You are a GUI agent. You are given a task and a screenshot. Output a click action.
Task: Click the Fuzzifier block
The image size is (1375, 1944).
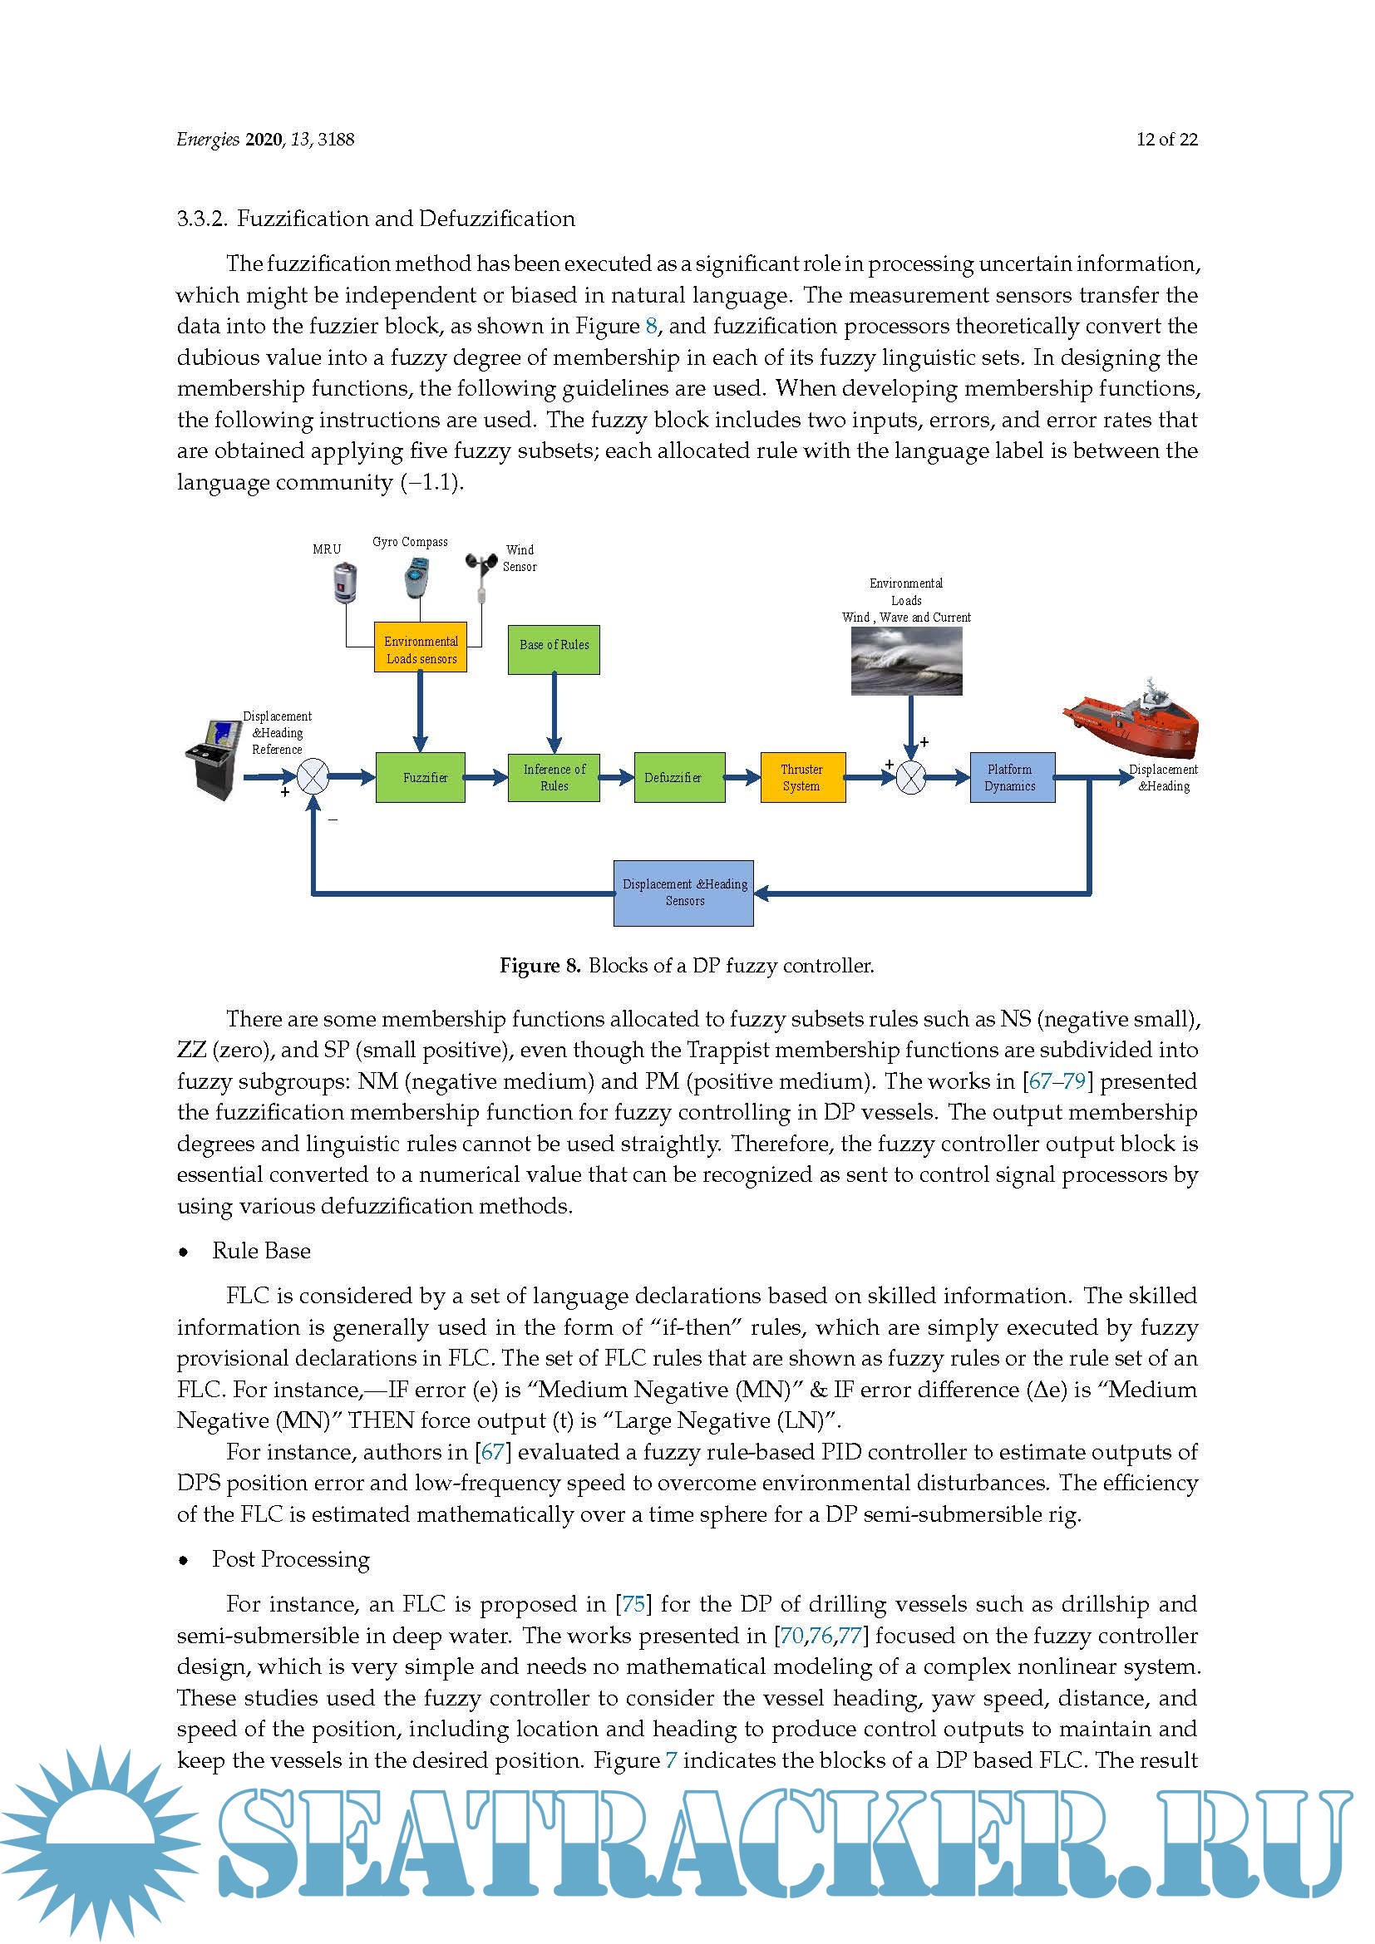420,776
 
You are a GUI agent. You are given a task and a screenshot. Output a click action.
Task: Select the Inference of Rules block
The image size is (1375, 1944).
554,776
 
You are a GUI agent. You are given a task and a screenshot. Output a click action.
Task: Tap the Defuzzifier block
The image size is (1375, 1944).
679,776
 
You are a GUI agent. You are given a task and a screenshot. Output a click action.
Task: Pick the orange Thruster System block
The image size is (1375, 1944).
801,776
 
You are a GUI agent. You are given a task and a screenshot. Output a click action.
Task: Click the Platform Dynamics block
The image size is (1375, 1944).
1012,776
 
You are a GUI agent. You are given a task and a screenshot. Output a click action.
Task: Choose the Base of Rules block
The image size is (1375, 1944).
554,649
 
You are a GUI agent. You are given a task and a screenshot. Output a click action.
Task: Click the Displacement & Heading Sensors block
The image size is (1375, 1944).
683,893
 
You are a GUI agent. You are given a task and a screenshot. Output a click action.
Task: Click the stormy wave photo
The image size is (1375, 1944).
906,661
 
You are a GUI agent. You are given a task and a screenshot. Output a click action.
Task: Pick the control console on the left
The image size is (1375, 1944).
212,758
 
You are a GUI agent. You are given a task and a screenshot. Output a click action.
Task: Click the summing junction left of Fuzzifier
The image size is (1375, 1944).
313,776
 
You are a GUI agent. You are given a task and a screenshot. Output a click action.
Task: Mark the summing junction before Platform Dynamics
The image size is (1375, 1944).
911,776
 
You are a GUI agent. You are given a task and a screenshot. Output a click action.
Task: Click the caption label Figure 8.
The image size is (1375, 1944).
540,965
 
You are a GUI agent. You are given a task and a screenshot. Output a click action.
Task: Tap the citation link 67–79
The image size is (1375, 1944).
1057,1081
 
